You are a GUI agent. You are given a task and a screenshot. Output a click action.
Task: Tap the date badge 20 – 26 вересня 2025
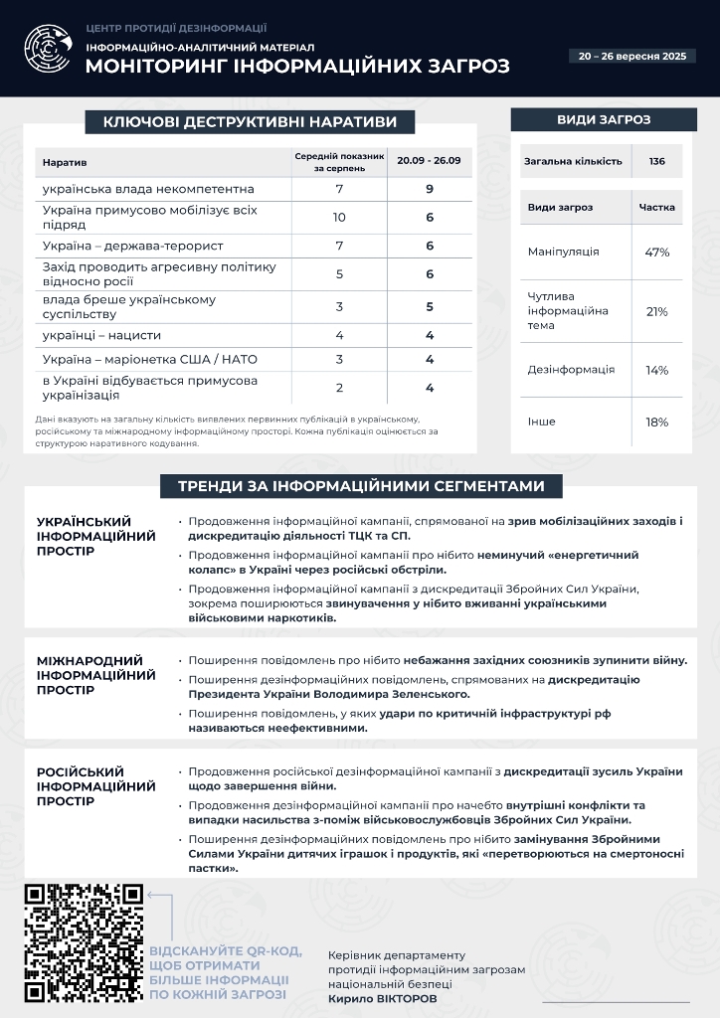click(632, 56)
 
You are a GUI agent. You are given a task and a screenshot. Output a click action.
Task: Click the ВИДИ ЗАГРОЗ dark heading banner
click(604, 120)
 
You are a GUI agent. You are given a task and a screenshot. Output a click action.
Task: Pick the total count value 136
click(656, 161)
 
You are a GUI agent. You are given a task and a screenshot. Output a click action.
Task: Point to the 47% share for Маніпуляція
click(656, 252)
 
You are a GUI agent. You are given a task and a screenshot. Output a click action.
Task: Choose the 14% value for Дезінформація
click(656, 370)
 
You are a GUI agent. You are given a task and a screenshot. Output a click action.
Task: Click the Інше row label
click(542, 422)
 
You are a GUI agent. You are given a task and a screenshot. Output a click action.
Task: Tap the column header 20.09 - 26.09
click(430, 161)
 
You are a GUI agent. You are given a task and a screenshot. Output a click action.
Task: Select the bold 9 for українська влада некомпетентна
click(430, 189)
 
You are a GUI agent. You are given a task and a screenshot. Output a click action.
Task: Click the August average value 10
click(339, 217)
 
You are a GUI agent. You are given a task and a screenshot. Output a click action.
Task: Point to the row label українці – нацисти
click(101, 335)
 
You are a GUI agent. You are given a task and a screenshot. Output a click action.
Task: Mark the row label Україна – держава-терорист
click(132, 246)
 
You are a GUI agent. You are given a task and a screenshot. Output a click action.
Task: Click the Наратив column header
click(65, 161)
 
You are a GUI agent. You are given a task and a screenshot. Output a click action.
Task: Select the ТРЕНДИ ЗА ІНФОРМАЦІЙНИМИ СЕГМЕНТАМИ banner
click(361, 486)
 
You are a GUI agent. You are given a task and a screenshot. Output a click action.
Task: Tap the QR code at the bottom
click(85, 942)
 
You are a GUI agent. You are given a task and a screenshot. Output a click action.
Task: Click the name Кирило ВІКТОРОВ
click(382, 998)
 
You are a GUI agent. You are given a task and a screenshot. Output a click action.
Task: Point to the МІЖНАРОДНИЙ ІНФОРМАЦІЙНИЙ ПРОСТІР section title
click(96, 675)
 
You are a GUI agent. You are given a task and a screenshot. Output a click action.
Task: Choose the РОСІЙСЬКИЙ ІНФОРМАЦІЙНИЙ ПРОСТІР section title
click(96, 786)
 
